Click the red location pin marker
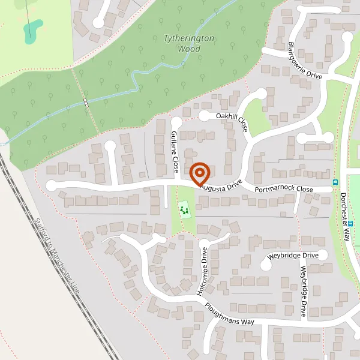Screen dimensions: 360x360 [199, 174]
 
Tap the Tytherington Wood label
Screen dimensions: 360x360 [189, 43]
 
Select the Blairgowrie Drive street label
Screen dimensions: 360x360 [305, 61]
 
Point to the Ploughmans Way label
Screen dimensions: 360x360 [229, 314]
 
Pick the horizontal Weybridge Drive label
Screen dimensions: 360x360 [293, 256]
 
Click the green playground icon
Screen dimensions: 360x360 [184, 210]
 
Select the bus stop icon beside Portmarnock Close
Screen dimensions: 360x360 [335, 182]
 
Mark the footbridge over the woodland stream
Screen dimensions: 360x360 [86, 103]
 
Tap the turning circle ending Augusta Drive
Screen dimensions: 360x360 [51, 185]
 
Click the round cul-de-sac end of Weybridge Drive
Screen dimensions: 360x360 [323, 255]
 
